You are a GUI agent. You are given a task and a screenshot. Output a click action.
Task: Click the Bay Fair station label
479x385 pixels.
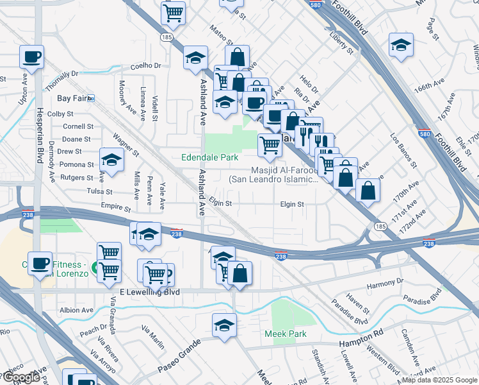(x=72, y=98)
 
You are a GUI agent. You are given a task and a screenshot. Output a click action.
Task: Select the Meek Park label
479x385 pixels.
(x=286, y=334)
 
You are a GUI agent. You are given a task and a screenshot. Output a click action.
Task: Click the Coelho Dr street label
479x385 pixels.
(x=145, y=65)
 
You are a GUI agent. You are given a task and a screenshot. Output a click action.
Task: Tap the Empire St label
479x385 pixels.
(x=115, y=208)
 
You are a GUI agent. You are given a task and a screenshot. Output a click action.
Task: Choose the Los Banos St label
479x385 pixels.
(x=404, y=151)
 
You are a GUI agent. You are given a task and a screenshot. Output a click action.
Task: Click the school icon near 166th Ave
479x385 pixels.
(x=401, y=44)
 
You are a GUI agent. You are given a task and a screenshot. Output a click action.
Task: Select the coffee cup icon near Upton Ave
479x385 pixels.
(x=31, y=57)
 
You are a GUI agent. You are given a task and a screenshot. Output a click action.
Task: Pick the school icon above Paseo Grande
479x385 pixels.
(x=224, y=324)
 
